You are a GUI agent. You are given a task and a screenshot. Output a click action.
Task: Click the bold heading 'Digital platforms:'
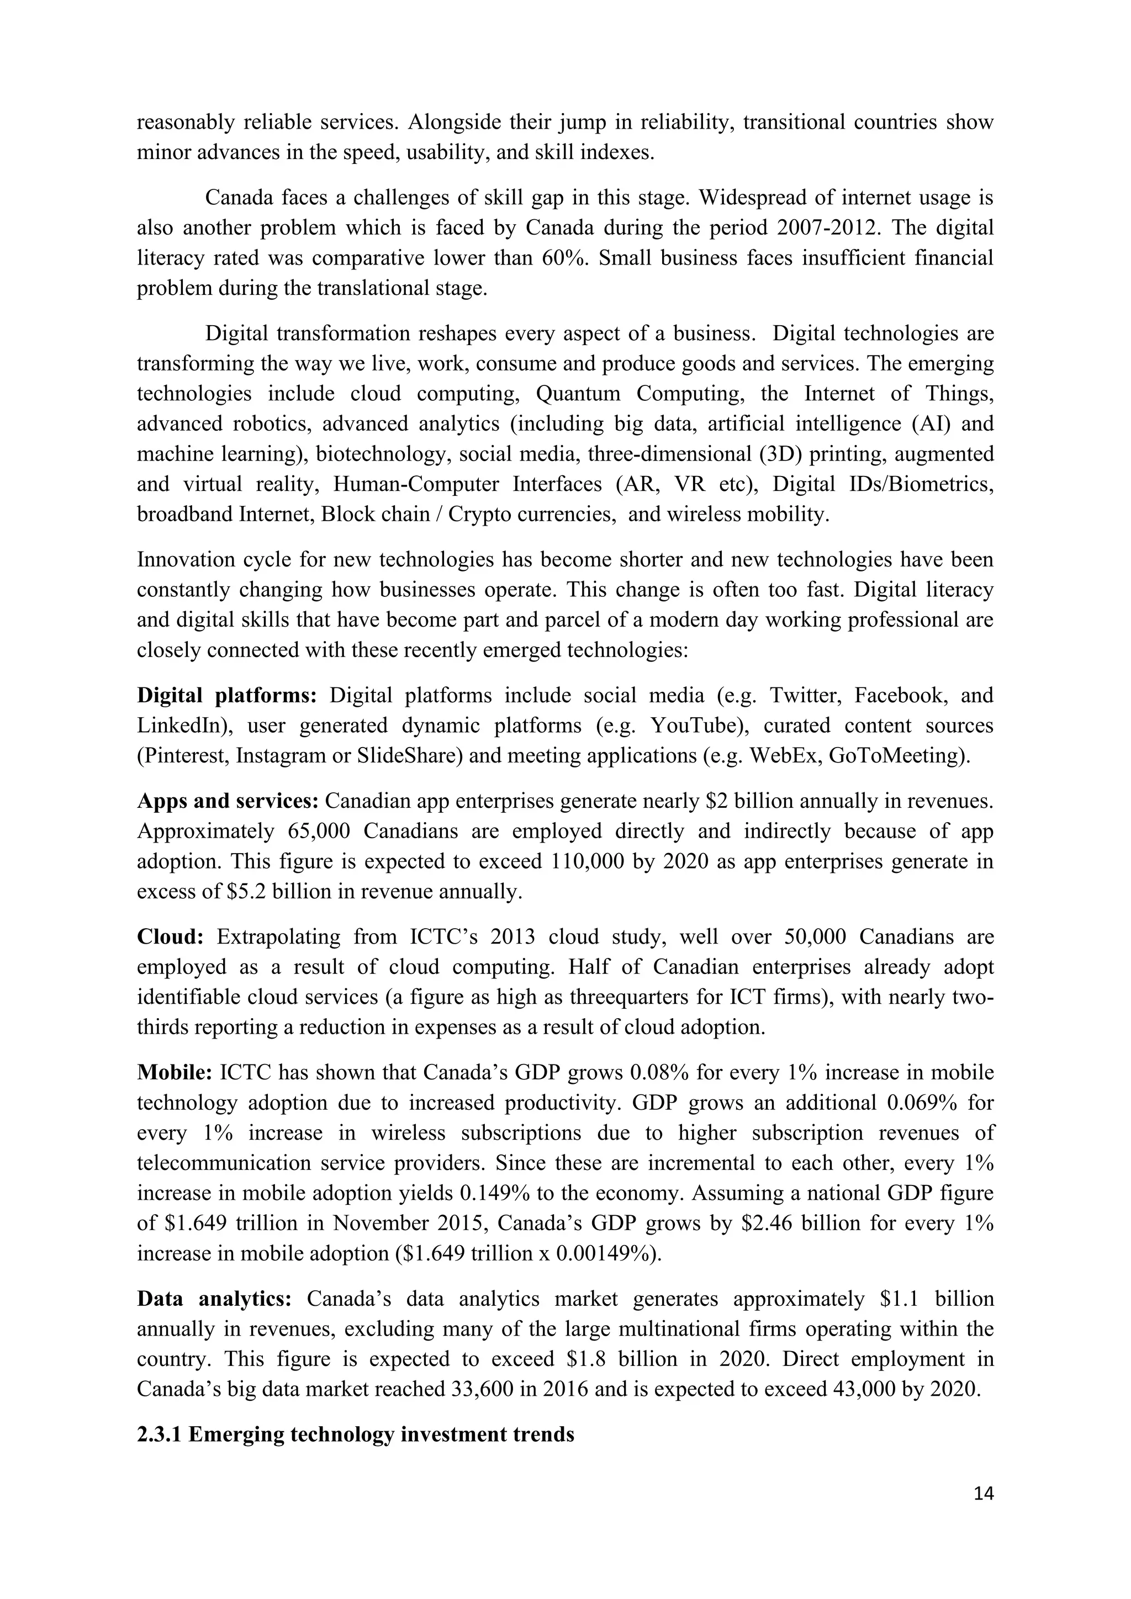tap(227, 695)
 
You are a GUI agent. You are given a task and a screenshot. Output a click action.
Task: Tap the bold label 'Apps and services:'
tap(228, 801)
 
